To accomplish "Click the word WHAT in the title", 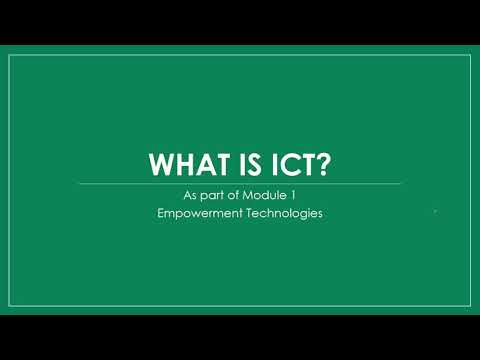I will [180, 162].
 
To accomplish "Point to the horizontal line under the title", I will [240, 183].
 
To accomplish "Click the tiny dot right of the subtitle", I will [435, 212].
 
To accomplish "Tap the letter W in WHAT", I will [158, 162].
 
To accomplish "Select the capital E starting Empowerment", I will [161, 213].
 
